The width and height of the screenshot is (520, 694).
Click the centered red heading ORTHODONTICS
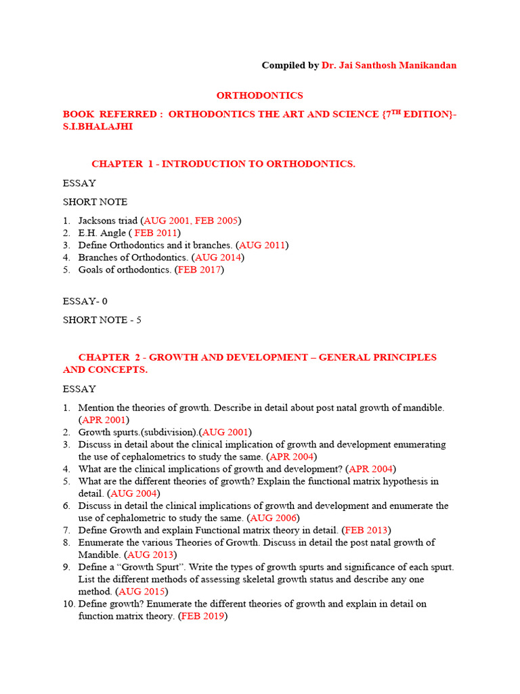pos(259,96)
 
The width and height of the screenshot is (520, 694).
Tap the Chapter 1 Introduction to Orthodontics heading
pos(223,164)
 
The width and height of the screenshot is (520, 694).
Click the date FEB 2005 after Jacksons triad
pos(216,220)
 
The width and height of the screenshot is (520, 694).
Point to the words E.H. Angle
pos(102,232)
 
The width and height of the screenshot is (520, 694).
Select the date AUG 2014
pos(219,258)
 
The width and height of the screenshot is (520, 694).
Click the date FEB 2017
pos(199,270)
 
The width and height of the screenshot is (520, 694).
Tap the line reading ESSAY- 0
pos(85,301)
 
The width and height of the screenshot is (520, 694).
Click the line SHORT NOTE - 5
pos(102,320)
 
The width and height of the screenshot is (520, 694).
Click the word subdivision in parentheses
pos(162,432)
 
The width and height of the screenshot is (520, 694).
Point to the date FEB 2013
pos(366,530)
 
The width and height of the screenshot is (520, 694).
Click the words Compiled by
pos(290,65)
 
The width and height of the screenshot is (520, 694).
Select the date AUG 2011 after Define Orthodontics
pos(263,245)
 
